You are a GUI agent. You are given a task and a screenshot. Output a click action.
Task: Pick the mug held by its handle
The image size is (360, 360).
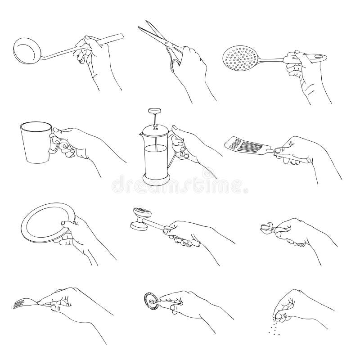(34, 142)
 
